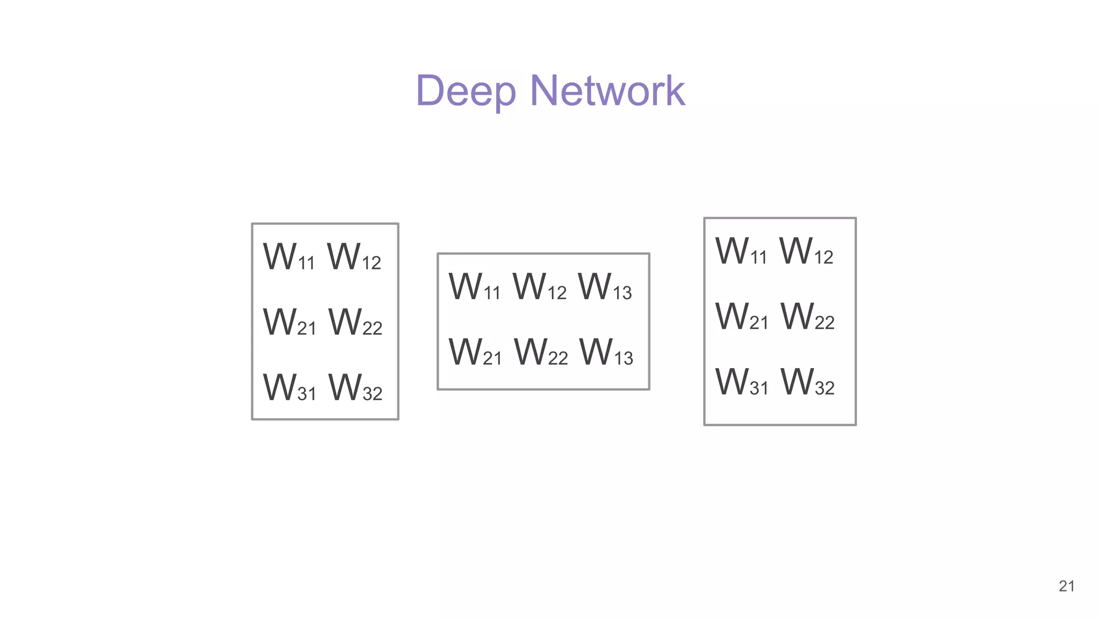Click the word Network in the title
pyautogui.click(x=607, y=90)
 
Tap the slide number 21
pyautogui.click(x=1067, y=586)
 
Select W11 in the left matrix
pyautogui.click(x=289, y=257)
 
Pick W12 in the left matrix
pyautogui.click(x=354, y=257)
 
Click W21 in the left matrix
pyautogui.click(x=289, y=323)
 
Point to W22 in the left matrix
pyautogui.click(x=355, y=323)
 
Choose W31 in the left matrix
pyautogui.click(x=289, y=388)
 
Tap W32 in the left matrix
pyautogui.click(x=355, y=388)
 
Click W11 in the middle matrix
pyautogui.click(x=474, y=287)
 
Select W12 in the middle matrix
pyautogui.click(x=539, y=287)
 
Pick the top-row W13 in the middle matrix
pyautogui.click(x=605, y=287)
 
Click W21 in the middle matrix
pyautogui.click(x=475, y=353)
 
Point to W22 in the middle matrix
pyautogui.click(x=540, y=353)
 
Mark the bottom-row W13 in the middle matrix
pyautogui.click(x=606, y=353)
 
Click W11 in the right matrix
pyautogui.click(x=741, y=252)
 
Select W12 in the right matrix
pyautogui.click(x=806, y=252)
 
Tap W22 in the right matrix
pyautogui.click(x=807, y=317)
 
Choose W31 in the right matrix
pyautogui.click(x=741, y=383)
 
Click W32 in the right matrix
pyautogui.click(x=807, y=383)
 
